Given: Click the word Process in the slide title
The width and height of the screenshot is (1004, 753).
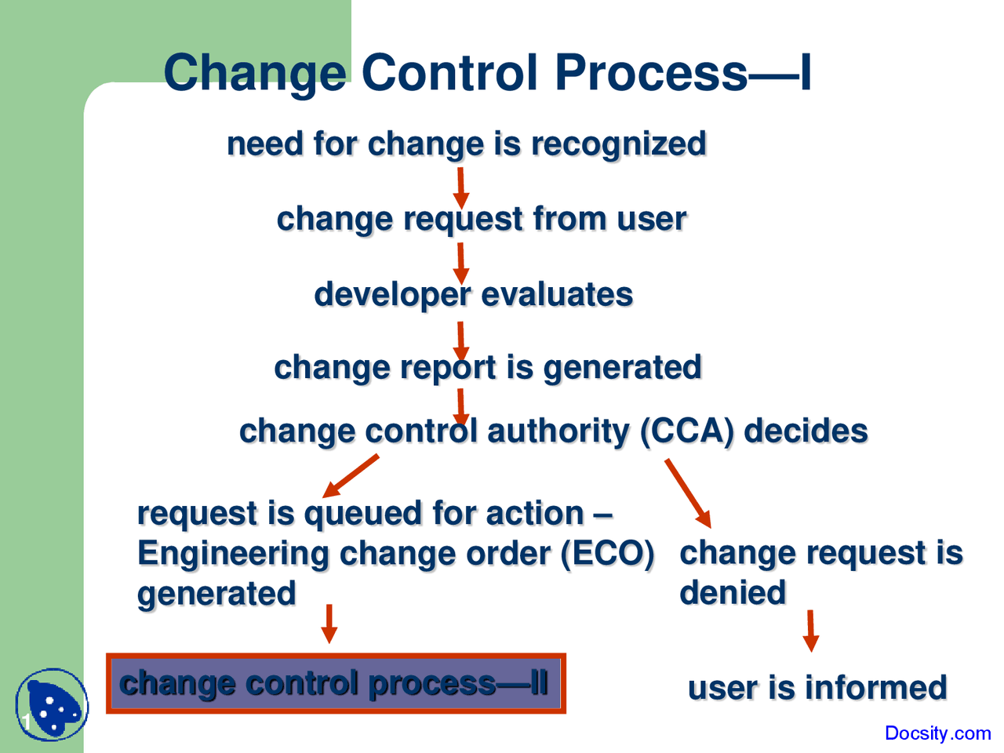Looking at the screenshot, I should [x=650, y=73].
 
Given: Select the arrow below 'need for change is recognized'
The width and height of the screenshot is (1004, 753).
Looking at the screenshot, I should [x=461, y=187].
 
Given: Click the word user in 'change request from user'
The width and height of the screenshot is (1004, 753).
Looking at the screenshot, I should [x=651, y=219].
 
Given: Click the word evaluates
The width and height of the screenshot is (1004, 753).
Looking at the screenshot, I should [x=556, y=295].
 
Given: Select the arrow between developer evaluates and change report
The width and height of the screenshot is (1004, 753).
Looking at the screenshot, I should [x=461, y=341].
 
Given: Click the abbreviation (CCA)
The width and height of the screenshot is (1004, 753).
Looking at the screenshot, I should [x=687, y=431].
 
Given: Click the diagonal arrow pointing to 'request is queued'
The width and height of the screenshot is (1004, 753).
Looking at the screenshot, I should [x=351, y=476].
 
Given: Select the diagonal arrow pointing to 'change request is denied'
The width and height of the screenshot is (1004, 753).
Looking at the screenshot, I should [x=688, y=493].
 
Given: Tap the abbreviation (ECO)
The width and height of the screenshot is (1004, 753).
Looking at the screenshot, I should [x=607, y=554].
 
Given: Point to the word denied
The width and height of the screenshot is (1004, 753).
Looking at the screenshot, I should [x=732, y=593].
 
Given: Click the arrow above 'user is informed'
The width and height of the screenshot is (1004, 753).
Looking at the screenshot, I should [x=811, y=631].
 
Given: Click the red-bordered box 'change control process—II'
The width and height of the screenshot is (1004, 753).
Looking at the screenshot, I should [x=336, y=683].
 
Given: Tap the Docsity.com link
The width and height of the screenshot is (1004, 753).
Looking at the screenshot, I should [x=937, y=733].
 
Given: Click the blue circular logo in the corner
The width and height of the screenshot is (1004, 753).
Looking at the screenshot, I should [x=50, y=705].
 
